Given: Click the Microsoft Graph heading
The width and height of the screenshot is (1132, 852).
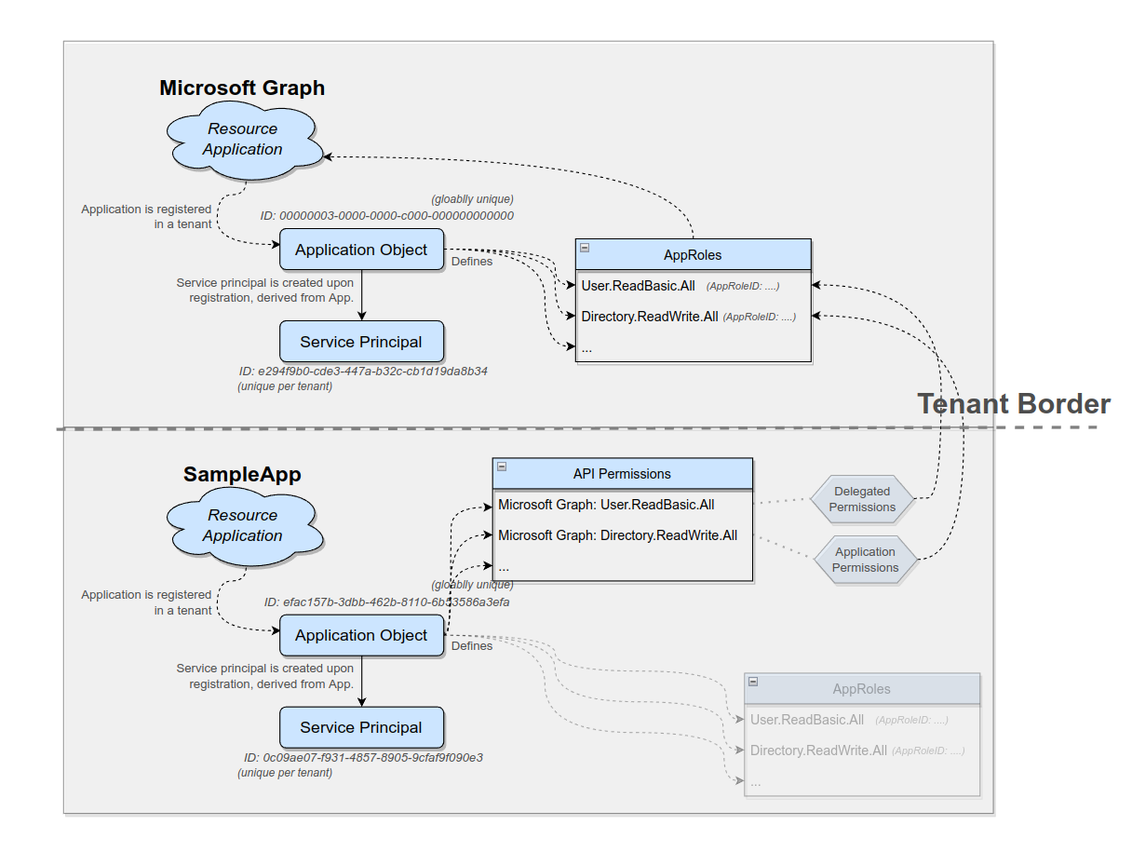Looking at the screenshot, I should [x=242, y=88].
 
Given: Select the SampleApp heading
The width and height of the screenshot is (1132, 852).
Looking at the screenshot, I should [x=242, y=474].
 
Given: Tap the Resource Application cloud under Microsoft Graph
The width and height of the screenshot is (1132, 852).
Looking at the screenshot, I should [x=243, y=140].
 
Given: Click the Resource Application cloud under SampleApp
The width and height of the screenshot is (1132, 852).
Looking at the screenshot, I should [x=243, y=526].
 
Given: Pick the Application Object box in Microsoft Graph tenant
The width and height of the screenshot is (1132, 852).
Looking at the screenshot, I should [x=361, y=250].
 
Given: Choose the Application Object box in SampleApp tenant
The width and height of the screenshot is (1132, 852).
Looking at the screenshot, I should [x=361, y=635].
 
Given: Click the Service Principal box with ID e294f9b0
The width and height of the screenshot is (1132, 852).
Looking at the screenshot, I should [x=361, y=342].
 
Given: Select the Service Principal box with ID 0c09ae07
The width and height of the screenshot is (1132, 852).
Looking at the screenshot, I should [x=361, y=727].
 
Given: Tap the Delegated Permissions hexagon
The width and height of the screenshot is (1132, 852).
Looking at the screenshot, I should [x=862, y=499].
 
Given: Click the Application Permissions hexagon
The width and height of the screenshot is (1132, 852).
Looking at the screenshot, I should [x=865, y=560].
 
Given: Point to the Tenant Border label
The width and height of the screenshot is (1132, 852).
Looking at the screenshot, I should [x=1014, y=403].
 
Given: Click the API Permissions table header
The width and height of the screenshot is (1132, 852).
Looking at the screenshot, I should [x=622, y=474].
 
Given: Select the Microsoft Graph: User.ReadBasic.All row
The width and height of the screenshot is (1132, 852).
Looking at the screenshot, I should [x=607, y=505].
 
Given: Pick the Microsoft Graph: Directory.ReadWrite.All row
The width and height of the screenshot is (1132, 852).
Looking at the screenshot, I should [x=618, y=535].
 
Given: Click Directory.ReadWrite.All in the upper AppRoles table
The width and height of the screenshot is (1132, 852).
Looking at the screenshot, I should [x=650, y=317].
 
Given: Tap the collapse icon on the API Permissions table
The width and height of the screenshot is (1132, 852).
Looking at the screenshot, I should [x=502, y=467].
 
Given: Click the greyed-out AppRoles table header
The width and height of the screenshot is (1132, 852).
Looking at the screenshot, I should [x=861, y=689].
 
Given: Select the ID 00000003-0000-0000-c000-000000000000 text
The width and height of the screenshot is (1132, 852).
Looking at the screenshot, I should [x=387, y=215].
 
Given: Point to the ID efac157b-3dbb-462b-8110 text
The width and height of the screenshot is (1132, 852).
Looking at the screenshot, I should [x=387, y=602].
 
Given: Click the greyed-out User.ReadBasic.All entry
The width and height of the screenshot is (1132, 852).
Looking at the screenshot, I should [x=807, y=720].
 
